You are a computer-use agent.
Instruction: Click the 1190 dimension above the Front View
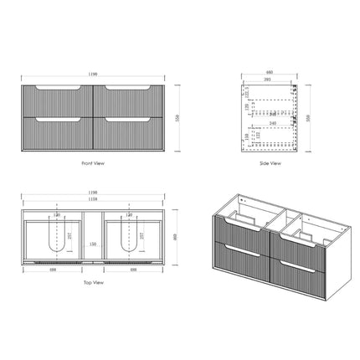[92, 74]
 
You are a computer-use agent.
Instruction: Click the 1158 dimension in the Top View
[92, 201]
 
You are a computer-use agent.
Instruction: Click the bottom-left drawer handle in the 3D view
[239, 263]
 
